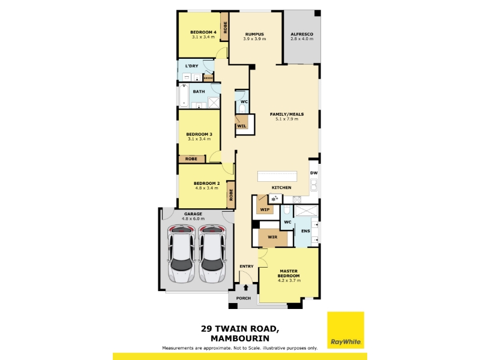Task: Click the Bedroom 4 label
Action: pyautogui.click(x=203, y=32)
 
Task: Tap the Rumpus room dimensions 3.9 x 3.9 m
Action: pyautogui.click(x=254, y=39)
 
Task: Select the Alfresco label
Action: pyautogui.click(x=302, y=34)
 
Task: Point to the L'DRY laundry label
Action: pyautogui.click(x=191, y=66)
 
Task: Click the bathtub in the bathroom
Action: pyautogui.click(x=184, y=95)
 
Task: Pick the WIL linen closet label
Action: pyautogui.click(x=242, y=126)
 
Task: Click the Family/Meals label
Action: pyautogui.click(x=287, y=114)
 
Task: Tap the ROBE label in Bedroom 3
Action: pyautogui.click(x=191, y=159)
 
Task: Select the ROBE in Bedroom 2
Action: pyautogui.click(x=231, y=194)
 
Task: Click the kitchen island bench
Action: pyautogui.click(x=277, y=176)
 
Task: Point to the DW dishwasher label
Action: pyautogui.click(x=314, y=173)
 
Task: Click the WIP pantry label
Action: pyautogui.click(x=265, y=209)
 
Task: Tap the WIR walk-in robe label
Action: pyautogui.click(x=272, y=237)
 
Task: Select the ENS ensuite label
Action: pyautogui.click(x=305, y=231)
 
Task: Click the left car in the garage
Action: pyautogui.click(x=182, y=254)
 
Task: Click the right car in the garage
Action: pyautogui.click(x=213, y=254)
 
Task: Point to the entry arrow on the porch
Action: pyautogui.click(x=246, y=287)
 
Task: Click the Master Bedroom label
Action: pyautogui.click(x=289, y=274)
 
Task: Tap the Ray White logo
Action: pyautogui.click(x=346, y=330)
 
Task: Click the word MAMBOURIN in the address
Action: pyautogui.click(x=240, y=338)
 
